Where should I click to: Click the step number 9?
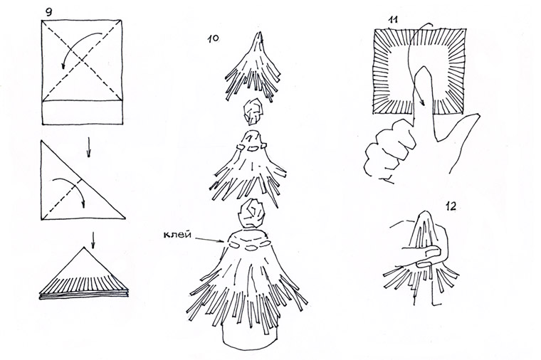click(x=48, y=13)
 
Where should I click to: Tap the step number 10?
click(x=214, y=38)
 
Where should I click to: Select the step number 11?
click(x=393, y=20)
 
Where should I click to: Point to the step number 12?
click(x=451, y=206)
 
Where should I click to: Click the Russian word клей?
click(x=177, y=235)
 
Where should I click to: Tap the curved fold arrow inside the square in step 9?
click(x=78, y=46)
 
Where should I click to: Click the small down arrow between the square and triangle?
click(x=89, y=147)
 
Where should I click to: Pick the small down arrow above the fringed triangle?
click(x=93, y=240)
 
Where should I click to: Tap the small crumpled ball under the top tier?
click(x=253, y=112)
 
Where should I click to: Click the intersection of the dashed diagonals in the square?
click(x=82, y=60)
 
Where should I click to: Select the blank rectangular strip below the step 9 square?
click(x=82, y=112)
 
